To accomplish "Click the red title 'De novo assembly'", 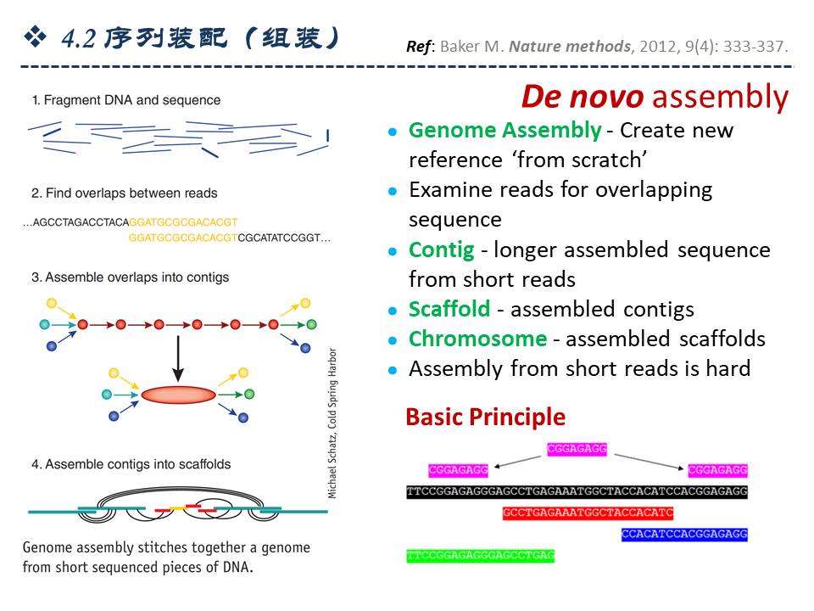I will coord(654,98).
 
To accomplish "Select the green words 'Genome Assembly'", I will coord(505,131).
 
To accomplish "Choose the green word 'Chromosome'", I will coord(477,339).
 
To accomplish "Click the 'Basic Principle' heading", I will coord(485,418).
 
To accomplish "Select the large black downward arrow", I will coord(177,357).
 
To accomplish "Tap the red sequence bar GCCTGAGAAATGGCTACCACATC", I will coord(587,513).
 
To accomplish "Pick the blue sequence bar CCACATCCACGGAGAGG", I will coord(684,535).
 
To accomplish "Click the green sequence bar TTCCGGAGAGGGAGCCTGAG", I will coord(480,556).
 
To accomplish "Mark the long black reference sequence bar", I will coord(577,492).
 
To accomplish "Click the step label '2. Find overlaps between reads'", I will coord(125,193).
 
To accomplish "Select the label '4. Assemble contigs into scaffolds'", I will coord(131,465).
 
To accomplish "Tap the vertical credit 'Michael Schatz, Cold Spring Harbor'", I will coord(332,422).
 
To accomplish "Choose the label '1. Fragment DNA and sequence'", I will coord(126,100).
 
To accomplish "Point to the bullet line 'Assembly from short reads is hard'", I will coord(579,369).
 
